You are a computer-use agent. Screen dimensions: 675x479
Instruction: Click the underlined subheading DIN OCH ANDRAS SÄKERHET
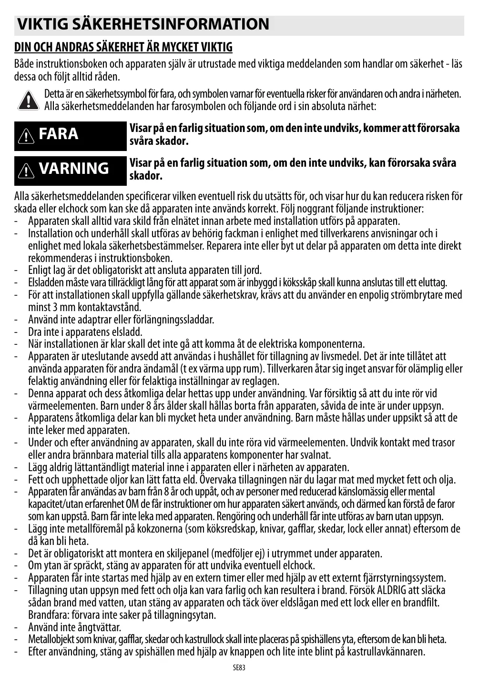click(123, 47)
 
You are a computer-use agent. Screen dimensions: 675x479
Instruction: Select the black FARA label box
click(71, 135)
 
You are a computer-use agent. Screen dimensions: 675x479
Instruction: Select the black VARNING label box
click(71, 170)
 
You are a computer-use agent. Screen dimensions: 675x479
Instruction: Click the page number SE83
click(239, 668)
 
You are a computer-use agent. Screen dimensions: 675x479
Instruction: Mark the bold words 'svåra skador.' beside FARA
click(159, 141)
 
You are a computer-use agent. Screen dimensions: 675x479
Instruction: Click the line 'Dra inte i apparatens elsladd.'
click(85, 332)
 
